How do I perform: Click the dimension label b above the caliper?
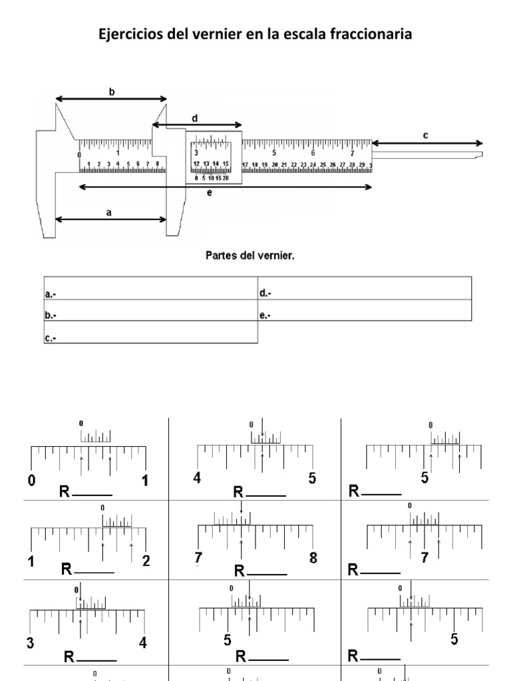pos(112,92)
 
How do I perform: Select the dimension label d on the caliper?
pos(194,118)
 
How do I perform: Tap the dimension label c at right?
pos(426,136)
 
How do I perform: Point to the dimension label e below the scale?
pos(209,193)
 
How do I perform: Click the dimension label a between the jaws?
pos(109,213)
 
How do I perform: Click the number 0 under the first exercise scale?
pos(31,480)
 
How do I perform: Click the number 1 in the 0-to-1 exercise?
pos(145,480)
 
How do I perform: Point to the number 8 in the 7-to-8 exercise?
pos(313,558)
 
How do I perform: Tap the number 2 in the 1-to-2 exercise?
pos(146,561)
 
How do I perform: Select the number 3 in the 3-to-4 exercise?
pos(30,642)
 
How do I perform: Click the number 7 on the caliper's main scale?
pos(352,152)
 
